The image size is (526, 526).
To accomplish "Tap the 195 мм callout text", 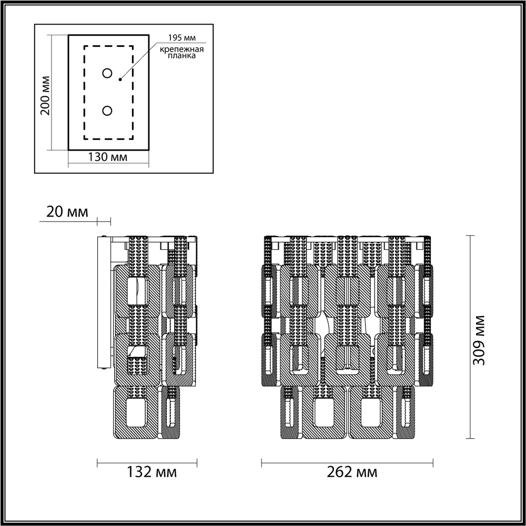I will pos(178,38).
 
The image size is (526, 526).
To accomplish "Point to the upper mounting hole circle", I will pos(107,73).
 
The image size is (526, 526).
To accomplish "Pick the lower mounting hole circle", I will pos(107,110).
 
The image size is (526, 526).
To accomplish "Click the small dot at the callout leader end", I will pos(120,79).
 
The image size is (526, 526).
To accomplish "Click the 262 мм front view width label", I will pos(349,472).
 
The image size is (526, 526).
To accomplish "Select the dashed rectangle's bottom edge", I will pos(109,139).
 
